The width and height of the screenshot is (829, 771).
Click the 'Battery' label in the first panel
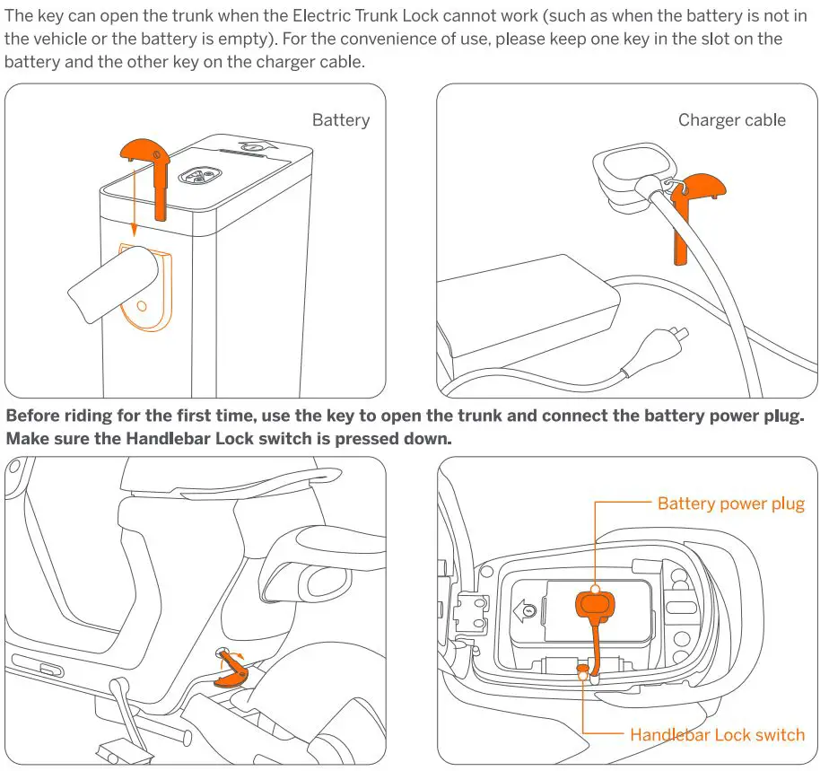click(340, 120)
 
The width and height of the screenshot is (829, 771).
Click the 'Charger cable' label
click(731, 120)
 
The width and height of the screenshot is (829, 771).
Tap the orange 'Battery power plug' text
click(730, 504)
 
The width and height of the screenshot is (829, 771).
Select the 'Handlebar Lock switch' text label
click(717, 735)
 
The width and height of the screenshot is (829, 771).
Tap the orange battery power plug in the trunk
click(596, 605)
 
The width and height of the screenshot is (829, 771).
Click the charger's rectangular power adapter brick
click(529, 310)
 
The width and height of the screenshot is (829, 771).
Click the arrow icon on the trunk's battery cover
click(529, 612)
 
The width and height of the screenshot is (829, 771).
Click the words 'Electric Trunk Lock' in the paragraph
click(360, 16)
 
